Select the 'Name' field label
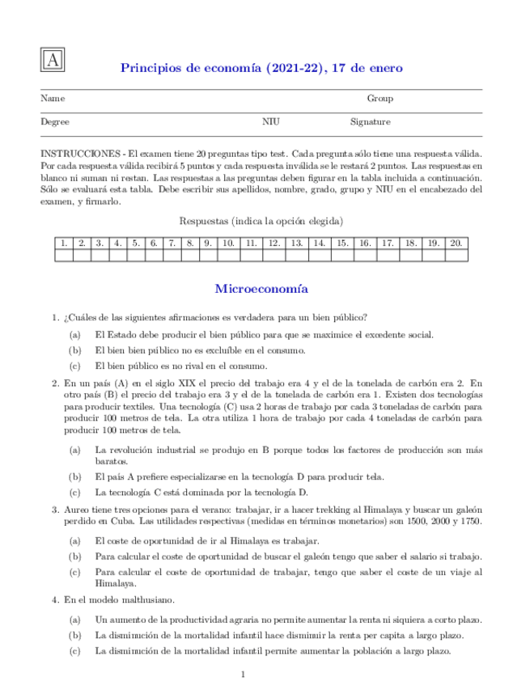(x=53, y=99)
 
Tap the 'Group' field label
(x=379, y=99)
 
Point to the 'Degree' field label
(x=55, y=122)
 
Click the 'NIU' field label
(x=270, y=122)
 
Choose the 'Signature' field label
(x=370, y=122)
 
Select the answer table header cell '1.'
(x=63, y=243)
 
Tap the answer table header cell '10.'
(x=228, y=243)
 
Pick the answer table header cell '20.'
(x=456, y=243)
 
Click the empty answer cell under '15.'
(x=342, y=256)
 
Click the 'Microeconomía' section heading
(x=261, y=288)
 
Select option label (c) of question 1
(x=74, y=366)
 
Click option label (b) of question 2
(x=74, y=477)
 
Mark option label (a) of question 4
(x=74, y=620)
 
